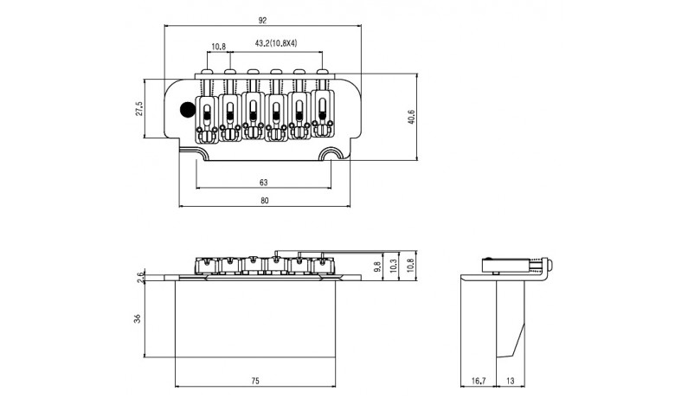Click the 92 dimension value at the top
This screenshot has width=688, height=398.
262,20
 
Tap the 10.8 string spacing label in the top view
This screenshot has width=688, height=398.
218,46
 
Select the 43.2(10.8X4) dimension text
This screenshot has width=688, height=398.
276,43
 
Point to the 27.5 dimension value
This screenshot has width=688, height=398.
139,109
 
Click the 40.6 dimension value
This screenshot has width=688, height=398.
411,117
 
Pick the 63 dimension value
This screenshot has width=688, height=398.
264,183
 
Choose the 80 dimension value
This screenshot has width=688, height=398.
265,201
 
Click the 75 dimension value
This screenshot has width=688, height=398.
255,381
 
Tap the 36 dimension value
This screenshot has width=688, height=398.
137,319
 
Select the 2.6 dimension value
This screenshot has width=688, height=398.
140,277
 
